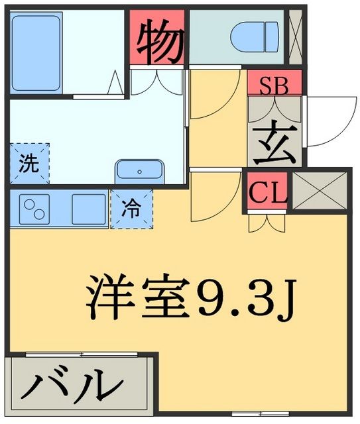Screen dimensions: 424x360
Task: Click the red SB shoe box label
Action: [x=274, y=85]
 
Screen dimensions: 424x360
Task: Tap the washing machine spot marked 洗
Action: [x=29, y=163]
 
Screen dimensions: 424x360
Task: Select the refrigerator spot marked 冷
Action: [x=131, y=209]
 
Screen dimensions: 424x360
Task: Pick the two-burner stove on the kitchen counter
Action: [x=35, y=209]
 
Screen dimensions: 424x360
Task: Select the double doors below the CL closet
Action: [x=267, y=223]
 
